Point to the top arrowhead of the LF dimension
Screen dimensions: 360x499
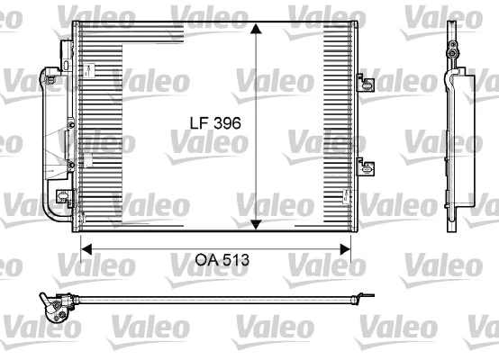coord(257,30)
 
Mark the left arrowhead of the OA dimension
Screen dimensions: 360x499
coord(86,245)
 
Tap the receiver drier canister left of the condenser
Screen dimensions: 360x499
coord(51,135)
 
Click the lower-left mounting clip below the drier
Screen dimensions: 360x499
coord(63,197)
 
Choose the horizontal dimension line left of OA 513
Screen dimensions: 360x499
coord(135,245)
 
